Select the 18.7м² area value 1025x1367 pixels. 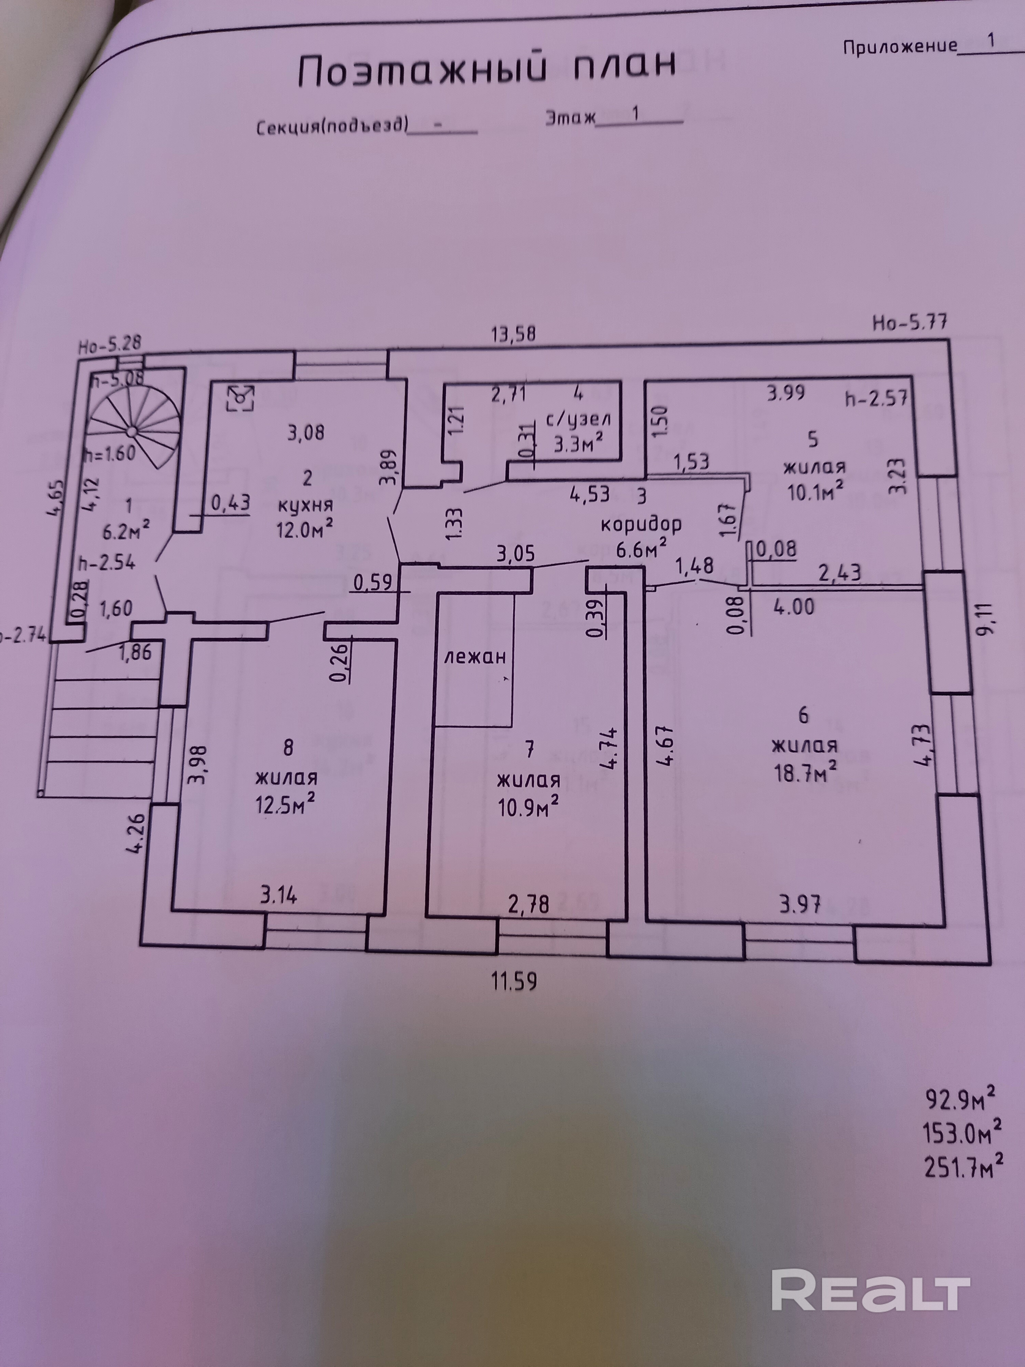806,772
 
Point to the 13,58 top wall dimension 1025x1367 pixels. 513,334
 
